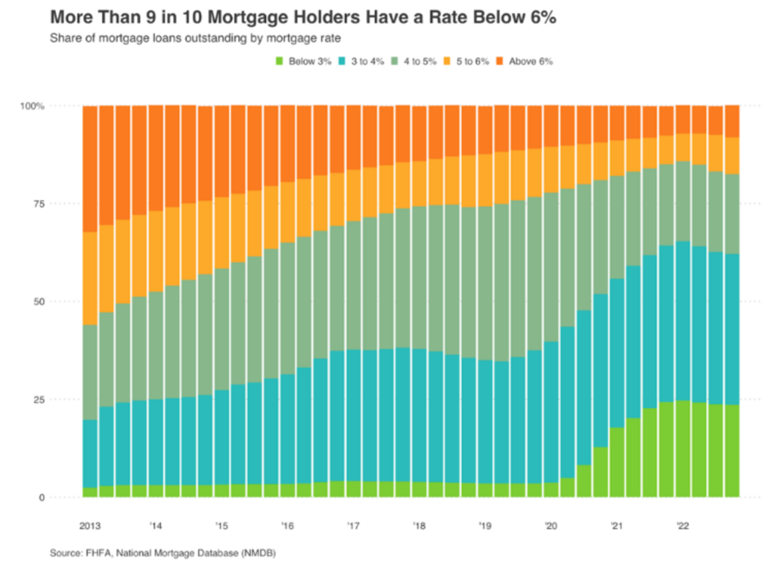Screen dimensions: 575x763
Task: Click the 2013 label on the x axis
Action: coord(90,525)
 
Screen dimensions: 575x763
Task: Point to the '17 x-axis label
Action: coord(352,525)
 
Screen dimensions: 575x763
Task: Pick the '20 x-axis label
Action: coord(551,525)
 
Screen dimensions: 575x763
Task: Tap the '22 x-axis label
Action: coord(682,525)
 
